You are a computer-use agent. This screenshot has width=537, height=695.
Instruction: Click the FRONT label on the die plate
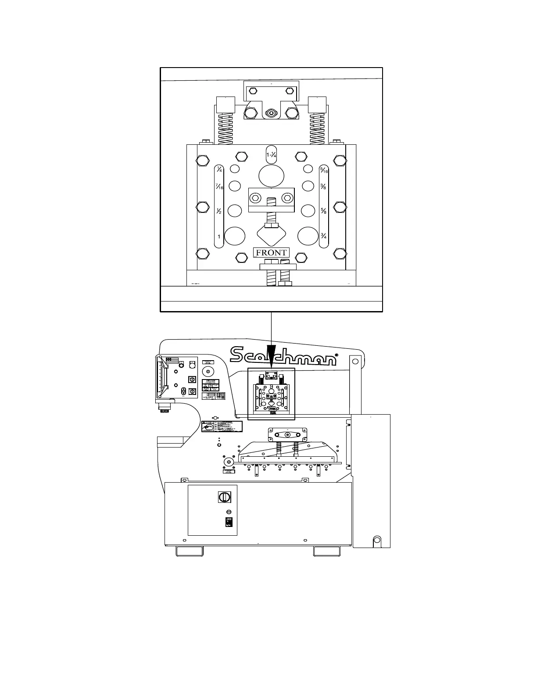271,252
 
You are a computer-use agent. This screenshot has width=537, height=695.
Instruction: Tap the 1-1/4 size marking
271,155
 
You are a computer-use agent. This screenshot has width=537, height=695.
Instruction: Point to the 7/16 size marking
219,186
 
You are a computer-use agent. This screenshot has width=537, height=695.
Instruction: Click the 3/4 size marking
324,236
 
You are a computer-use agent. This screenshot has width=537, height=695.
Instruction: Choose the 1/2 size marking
219,211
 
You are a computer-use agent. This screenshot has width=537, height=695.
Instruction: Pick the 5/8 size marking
324,211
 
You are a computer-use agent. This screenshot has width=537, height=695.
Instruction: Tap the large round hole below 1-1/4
272,176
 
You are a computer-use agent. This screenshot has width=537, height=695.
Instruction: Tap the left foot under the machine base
190,551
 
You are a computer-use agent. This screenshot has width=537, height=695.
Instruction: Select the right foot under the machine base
327,551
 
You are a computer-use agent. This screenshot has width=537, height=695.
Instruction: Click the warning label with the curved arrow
222,426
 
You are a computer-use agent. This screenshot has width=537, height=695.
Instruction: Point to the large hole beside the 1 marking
235,236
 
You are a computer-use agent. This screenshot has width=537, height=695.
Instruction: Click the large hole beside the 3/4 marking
308,236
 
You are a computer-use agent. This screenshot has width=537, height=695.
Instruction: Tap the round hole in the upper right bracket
355,362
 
